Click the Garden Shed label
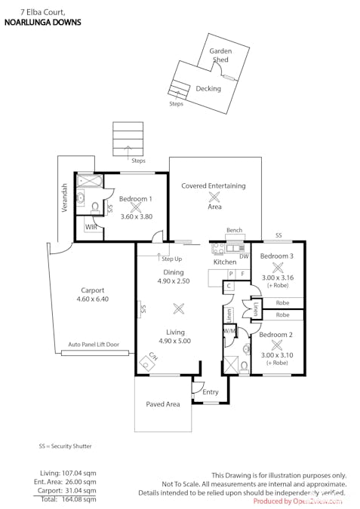[220, 54]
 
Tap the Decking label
[208, 88]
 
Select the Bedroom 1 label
[136, 198]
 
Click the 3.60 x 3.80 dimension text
[136, 216]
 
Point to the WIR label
[91, 226]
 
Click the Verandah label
[65, 198]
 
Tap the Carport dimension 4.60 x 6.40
[92, 299]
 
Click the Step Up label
[171, 259]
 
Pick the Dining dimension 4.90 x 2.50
[174, 281]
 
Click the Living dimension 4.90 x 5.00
[174, 341]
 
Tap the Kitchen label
[225, 262]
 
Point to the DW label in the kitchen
[243, 256]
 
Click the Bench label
[234, 231]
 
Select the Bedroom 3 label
[276, 256]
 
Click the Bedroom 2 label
[276, 334]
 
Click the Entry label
[211, 392]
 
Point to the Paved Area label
[163, 404]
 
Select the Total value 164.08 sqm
[78, 499]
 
